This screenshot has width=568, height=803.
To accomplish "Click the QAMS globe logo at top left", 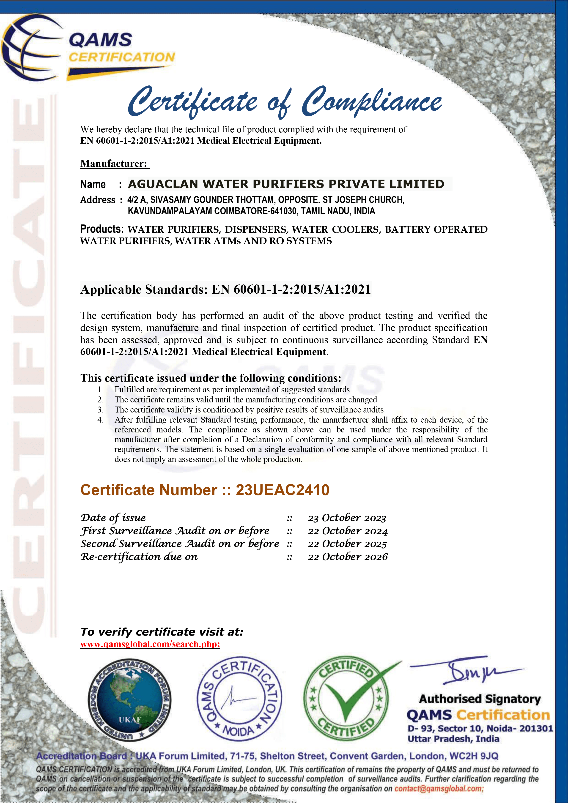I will point(31,47).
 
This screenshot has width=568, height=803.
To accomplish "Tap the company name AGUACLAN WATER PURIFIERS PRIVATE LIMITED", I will point(286,184).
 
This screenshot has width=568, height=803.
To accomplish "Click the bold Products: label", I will point(102,229).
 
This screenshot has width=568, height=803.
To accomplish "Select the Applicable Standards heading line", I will point(225,289).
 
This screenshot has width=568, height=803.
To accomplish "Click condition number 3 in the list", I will point(100,410).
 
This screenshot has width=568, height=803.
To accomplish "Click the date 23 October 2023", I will point(347,518).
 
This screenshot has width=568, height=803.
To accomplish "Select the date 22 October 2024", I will point(348,531).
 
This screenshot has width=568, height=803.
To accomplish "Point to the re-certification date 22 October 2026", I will point(348,557).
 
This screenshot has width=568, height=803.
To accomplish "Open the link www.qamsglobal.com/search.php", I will point(150,644).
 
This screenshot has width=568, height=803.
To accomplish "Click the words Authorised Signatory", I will point(480,699).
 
